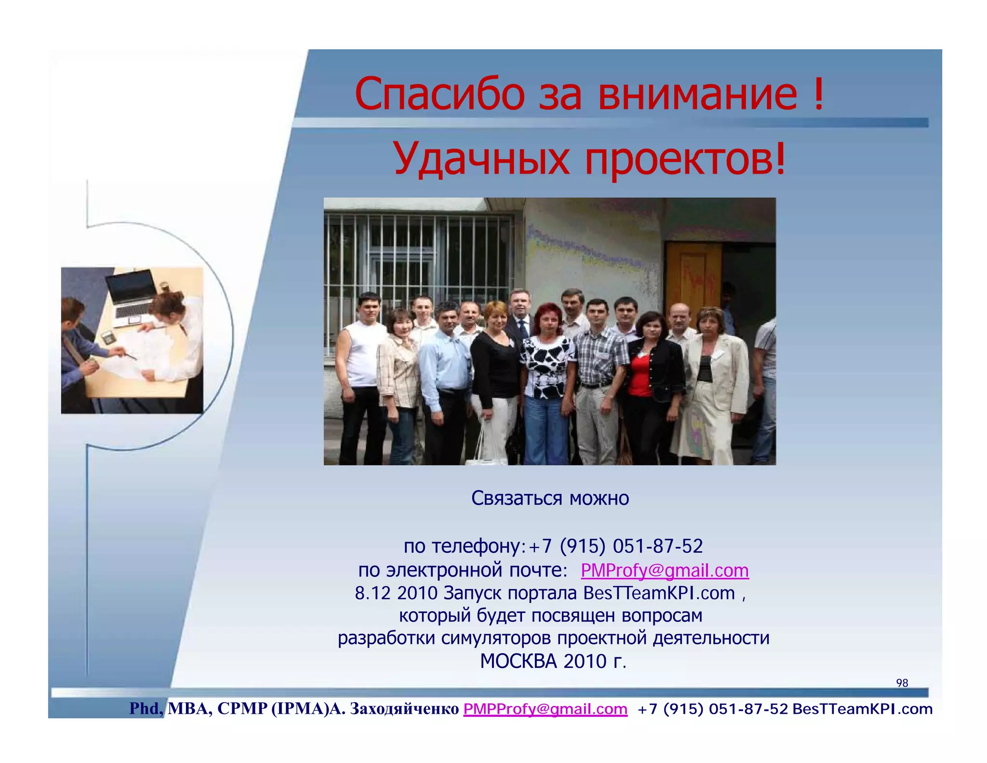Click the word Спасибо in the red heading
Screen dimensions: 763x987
[x=439, y=94]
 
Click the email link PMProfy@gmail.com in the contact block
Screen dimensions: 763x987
[x=665, y=571]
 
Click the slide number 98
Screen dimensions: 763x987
[x=902, y=683]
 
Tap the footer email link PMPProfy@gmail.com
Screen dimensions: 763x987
[x=545, y=709]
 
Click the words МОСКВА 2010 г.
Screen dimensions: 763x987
[x=553, y=661]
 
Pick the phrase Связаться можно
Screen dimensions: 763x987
[x=550, y=498]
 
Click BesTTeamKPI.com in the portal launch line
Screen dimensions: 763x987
[x=659, y=593]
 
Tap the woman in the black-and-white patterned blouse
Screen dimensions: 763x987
[x=547, y=371]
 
